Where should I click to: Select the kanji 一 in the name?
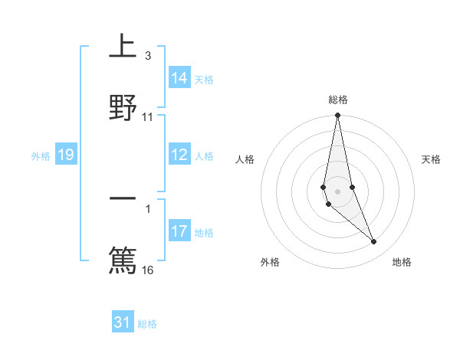tap(123, 199)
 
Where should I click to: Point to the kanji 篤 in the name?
tap(123, 259)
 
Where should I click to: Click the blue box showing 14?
tap(179, 78)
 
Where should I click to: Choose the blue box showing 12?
tap(179, 155)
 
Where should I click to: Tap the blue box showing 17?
tap(179, 232)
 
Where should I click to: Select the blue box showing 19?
tap(65, 155)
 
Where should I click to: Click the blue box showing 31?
tap(123, 322)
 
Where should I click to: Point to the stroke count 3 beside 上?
tap(147, 56)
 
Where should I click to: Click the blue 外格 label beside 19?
tap(41, 156)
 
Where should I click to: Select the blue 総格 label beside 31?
tap(147, 324)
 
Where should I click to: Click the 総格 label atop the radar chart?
tap(338, 100)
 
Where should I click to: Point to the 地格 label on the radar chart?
tap(402, 262)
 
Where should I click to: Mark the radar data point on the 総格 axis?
tap(337, 116)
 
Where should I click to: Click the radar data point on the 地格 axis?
tap(374, 242)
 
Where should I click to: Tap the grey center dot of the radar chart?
tap(337, 191)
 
